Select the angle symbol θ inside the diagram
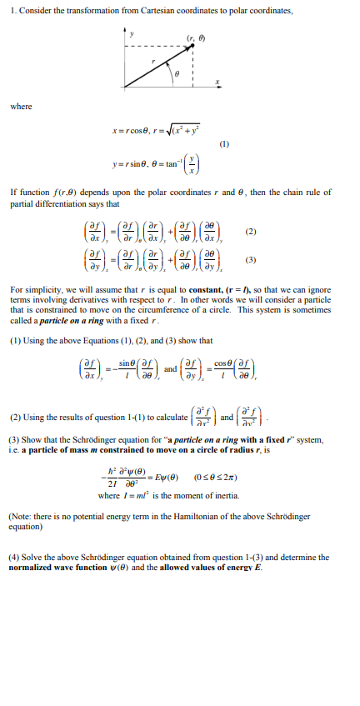177,73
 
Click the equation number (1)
223,143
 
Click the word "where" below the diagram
22,106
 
